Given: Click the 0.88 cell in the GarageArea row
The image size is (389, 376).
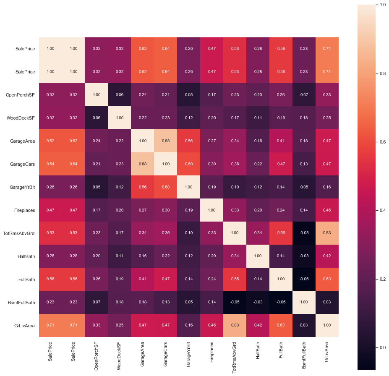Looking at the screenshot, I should click(x=166, y=141).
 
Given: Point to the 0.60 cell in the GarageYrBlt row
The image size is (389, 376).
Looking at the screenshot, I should click(x=166, y=187).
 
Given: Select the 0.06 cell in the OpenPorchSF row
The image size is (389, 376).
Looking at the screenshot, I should click(x=120, y=94).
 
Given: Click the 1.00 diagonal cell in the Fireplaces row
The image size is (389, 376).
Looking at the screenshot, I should click(x=212, y=209).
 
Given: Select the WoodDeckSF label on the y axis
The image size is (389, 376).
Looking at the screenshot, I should click(x=22, y=117).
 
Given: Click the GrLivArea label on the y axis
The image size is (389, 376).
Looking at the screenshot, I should click(x=24, y=325).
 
